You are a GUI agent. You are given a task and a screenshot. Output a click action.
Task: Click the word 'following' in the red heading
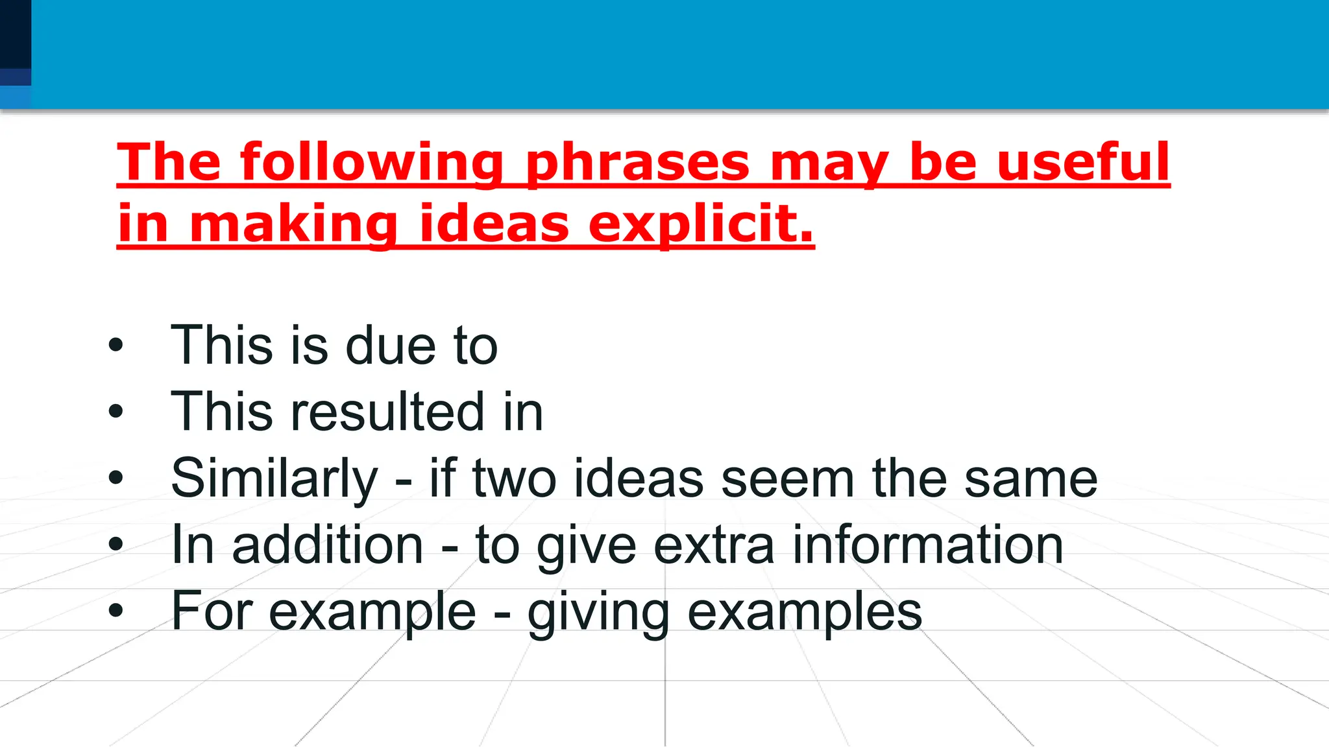pyautogui.click(x=372, y=162)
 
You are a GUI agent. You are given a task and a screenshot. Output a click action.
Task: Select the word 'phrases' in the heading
pyautogui.click(x=637, y=162)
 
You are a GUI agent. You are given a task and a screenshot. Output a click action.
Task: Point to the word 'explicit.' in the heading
pyautogui.click(x=701, y=224)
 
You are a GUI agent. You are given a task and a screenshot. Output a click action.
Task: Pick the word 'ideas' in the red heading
pyautogui.click(x=494, y=224)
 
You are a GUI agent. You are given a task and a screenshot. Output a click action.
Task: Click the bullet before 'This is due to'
pyautogui.click(x=116, y=345)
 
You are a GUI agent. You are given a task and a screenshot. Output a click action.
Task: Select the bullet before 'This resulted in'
pyautogui.click(x=116, y=411)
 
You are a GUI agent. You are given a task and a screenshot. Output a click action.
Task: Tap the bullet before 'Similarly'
pyautogui.click(x=116, y=478)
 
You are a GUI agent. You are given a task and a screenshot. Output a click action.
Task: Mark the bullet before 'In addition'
pyautogui.click(x=116, y=545)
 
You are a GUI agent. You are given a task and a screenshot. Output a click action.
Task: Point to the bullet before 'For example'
pyautogui.click(x=116, y=611)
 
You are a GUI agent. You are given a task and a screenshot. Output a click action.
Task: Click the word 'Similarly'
pyautogui.click(x=274, y=479)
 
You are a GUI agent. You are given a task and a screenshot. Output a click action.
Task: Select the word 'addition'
pyautogui.click(x=328, y=545)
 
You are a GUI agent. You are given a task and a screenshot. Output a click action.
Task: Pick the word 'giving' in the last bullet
pyautogui.click(x=598, y=613)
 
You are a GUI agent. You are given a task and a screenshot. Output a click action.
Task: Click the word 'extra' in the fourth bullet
pyautogui.click(x=714, y=545)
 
